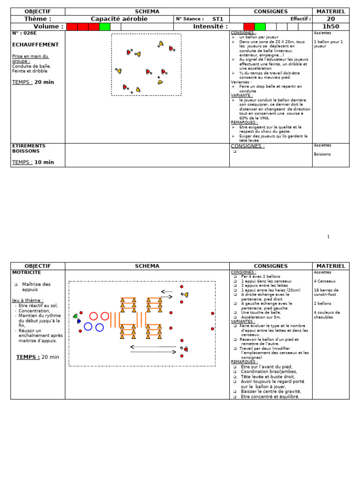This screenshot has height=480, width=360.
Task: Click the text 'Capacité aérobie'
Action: point(119,19)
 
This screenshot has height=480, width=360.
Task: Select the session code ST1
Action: point(217,19)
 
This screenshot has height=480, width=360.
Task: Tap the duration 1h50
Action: point(330,27)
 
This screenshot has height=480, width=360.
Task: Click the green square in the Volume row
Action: point(105,27)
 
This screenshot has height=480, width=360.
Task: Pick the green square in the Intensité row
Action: point(260,27)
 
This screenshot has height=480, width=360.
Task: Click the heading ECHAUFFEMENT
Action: point(36,45)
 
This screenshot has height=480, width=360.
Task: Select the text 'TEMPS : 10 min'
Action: point(33,162)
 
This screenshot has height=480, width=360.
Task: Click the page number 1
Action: point(329,237)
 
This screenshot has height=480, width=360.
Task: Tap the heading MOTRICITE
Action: point(27,272)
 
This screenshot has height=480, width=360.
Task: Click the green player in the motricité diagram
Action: point(75,316)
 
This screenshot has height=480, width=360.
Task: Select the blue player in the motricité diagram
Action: point(79,321)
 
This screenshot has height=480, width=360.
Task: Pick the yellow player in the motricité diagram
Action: point(186,295)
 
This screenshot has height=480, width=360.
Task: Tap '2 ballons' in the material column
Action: point(323,303)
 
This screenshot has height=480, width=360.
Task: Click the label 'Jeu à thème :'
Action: point(28,300)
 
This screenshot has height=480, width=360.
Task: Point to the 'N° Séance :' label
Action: point(190,19)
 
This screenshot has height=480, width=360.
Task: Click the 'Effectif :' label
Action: point(300,19)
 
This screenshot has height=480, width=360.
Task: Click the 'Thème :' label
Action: point(37,19)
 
